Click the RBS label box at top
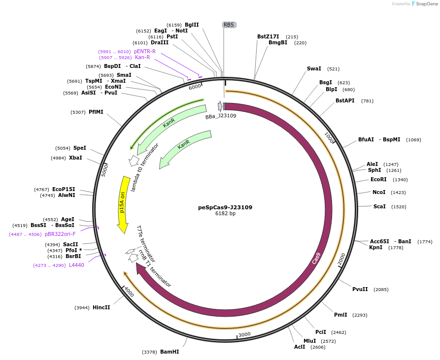(x=229, y=25)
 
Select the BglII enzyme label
(x=192, y=25)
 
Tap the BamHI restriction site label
(x=169, y=352)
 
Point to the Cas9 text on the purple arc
(x=316, y=258)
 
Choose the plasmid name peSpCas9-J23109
(x=225, y=207)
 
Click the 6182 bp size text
(x=225, y=213)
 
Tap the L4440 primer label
(x=76, y=265)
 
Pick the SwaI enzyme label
(x=314, y=68)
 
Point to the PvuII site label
(x=360, y=289)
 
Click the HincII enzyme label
(x=101, y=307)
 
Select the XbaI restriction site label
(x=75, y=158)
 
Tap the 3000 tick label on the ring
(x=244, y=334)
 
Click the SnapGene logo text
(x=427, y=4)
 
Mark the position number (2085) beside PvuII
(x=381, y=289)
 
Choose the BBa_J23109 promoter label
(x=221, y=116)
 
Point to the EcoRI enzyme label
(x=378, y=179)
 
